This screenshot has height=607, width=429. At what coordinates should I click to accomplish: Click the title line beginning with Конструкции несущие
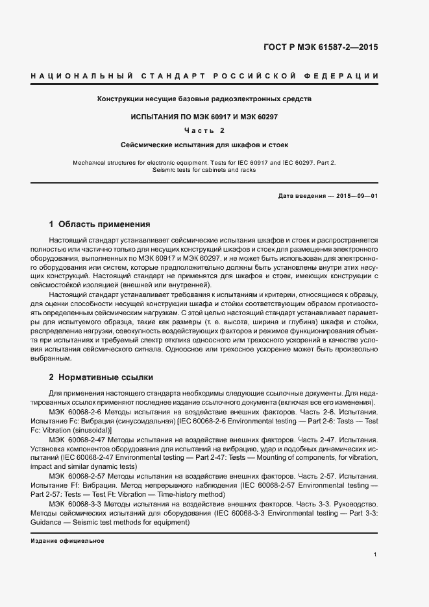pos(204,100)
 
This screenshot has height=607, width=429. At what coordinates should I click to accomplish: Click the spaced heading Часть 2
pos(204,130)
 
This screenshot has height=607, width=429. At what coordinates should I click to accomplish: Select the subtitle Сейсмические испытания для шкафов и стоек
pos(204,145)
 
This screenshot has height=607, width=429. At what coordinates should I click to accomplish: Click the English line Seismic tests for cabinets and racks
pos(204,170)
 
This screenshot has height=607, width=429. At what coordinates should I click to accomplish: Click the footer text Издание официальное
pos(67,540)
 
